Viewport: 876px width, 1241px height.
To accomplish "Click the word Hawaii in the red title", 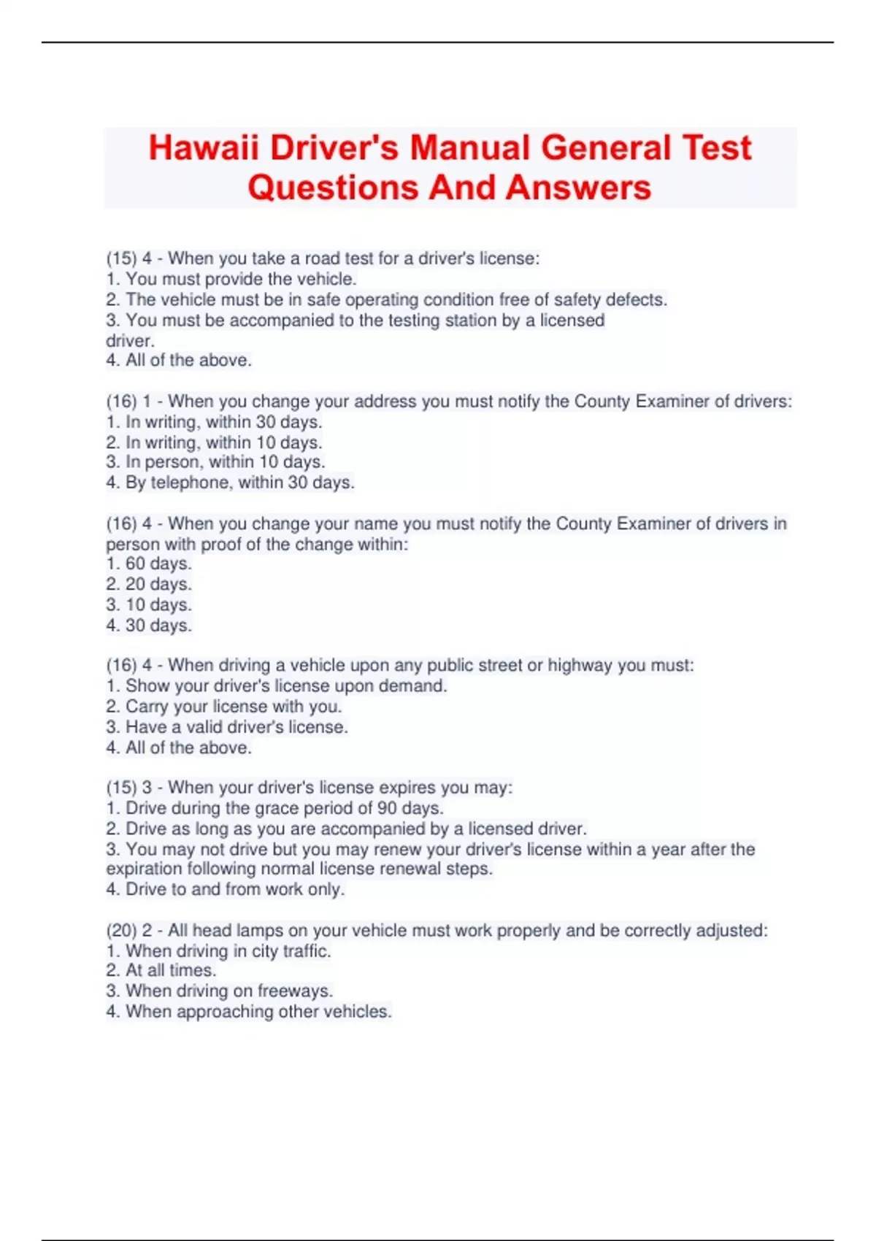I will (x=204, y=148).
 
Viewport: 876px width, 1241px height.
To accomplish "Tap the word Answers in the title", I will (x=577, y=188).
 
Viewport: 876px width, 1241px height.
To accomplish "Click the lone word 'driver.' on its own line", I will (x=130, y=341).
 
